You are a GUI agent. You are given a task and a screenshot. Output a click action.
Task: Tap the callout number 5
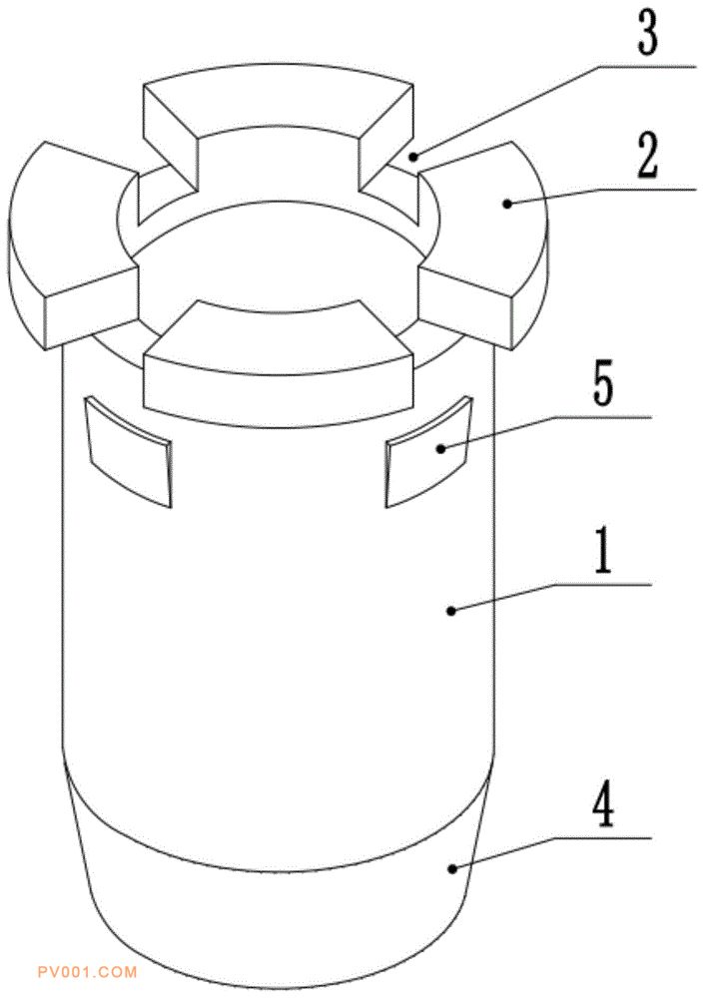click(603, 383)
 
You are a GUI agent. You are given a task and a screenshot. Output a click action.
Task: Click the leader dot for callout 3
click(414, 157)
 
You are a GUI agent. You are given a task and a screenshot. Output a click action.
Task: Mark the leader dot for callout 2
click(507, 204)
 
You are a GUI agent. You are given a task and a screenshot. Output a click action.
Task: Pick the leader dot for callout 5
click(439, 449)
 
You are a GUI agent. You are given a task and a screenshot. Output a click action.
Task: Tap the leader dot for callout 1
click(451, 611)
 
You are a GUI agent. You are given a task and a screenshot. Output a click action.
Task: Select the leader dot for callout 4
click(451, 868)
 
